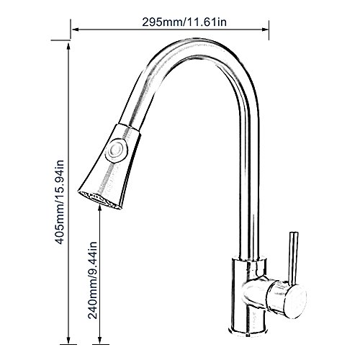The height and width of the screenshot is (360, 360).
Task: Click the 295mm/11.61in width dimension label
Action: coord(184,22)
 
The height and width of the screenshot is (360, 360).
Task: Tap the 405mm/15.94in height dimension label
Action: coord(59,202)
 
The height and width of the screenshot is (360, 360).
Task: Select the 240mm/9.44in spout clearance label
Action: coord(92,280)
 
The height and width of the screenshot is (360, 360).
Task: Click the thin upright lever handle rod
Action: coord(292,257)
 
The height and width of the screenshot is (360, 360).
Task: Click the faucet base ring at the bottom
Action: coord(249,330)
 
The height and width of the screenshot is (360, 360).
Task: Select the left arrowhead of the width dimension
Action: coord(76,30)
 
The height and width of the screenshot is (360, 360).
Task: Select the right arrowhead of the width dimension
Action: coord(265,30)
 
